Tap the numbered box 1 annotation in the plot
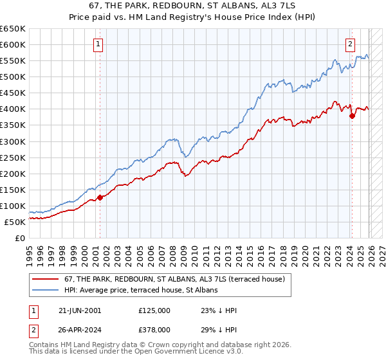pyautogui.click(x=98, y=44)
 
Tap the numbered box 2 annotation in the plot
pyautogui.click(x=350, y=44)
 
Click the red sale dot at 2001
pyautogui.click(x=100, y=197)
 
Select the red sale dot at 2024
pyautogui.click(x=353, y=116)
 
